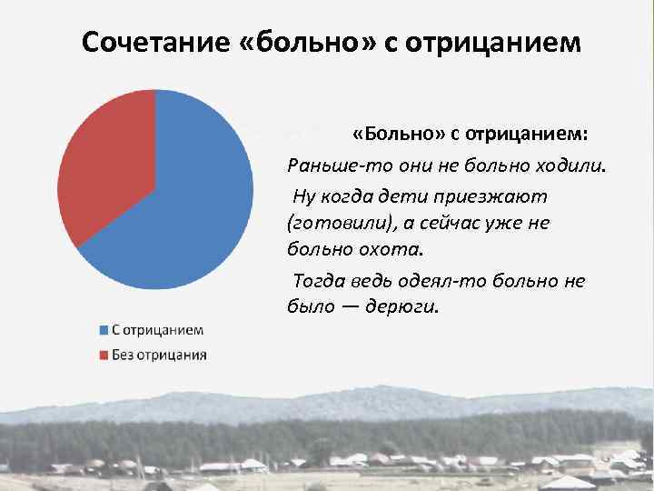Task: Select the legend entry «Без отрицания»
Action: [x=158, y=354]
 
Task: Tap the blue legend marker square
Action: [x=104, y=329]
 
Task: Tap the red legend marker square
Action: [x=104, y=354]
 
